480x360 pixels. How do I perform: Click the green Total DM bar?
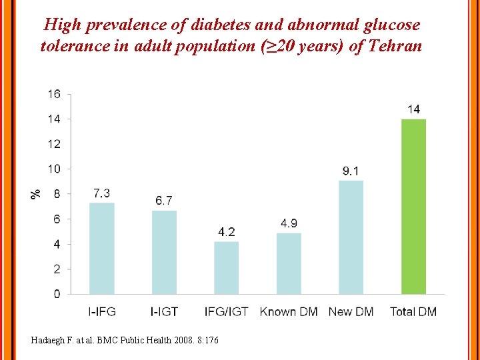coord(413,207)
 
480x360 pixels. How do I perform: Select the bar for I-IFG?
coord(102,248)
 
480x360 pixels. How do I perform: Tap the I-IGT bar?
coord(164,252)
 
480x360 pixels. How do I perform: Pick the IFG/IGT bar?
coord(226,267)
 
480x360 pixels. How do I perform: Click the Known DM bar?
coord(289,263)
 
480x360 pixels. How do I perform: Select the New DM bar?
coord(351,237)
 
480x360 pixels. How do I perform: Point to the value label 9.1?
coord(351,171)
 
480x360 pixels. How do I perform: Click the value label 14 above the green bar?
coord(413,109)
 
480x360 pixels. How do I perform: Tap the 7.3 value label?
coord(102,193)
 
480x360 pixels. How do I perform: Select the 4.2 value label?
coord(226,232)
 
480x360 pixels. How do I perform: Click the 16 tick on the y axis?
coord(53,94)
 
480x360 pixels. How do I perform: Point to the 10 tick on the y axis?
coord(53,169)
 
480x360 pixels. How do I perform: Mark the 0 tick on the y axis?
coord(57,294)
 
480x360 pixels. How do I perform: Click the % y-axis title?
coord(35,193)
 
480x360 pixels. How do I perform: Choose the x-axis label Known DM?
coord(289,311)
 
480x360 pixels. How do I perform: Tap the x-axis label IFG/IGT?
coord(226,311)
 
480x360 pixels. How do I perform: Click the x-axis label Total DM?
coord(413,311)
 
